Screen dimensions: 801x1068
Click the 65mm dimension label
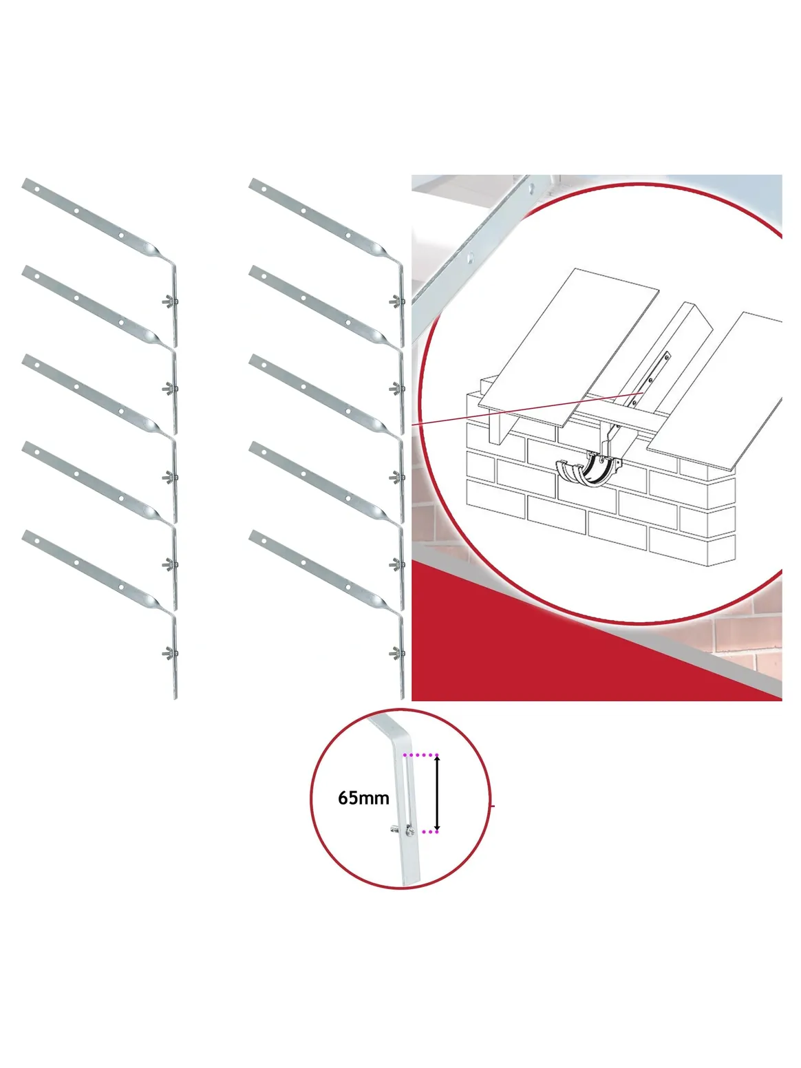(x=363, y=798)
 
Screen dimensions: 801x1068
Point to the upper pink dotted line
(x=421, y=755)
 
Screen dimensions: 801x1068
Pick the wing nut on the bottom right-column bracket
(x=396, y=653)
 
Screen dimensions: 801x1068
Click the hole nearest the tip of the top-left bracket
(x=37, y=189)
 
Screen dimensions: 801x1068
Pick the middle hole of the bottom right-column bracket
(x=303, y=563)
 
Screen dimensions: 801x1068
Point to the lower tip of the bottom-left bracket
(x=175, y=698)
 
